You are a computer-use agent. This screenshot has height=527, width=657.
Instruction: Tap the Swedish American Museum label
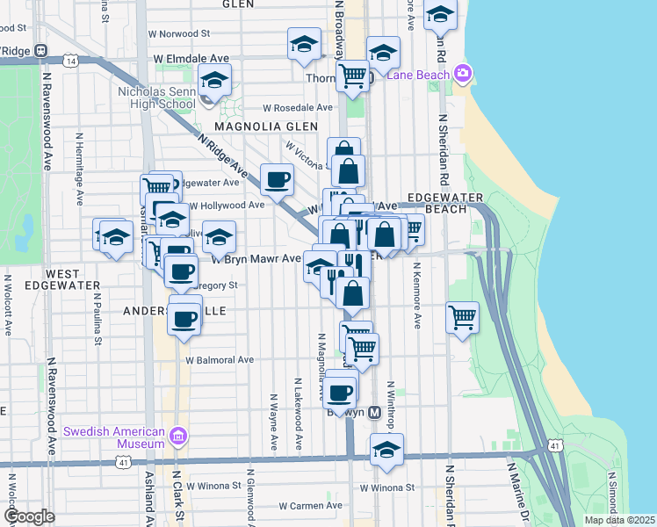(114, 437)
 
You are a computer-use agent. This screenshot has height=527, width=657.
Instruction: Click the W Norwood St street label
(179, 34)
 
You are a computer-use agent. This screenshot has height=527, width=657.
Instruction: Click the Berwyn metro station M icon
(374, 412)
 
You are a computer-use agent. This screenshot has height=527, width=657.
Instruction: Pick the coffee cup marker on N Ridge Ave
(278, 180)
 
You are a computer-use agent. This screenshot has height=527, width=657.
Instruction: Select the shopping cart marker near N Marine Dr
(462, 317)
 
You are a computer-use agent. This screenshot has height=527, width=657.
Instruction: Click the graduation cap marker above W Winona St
(386, 449)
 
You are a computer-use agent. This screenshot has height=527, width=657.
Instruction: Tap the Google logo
(28, 516)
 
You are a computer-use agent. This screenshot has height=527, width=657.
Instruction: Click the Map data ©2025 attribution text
(618, 520)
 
